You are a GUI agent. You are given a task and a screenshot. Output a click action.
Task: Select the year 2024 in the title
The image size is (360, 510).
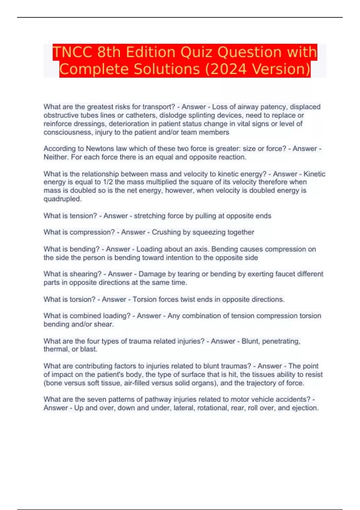click(229, 69)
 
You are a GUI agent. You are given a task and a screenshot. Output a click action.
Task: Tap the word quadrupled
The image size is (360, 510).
click(62, 199)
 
